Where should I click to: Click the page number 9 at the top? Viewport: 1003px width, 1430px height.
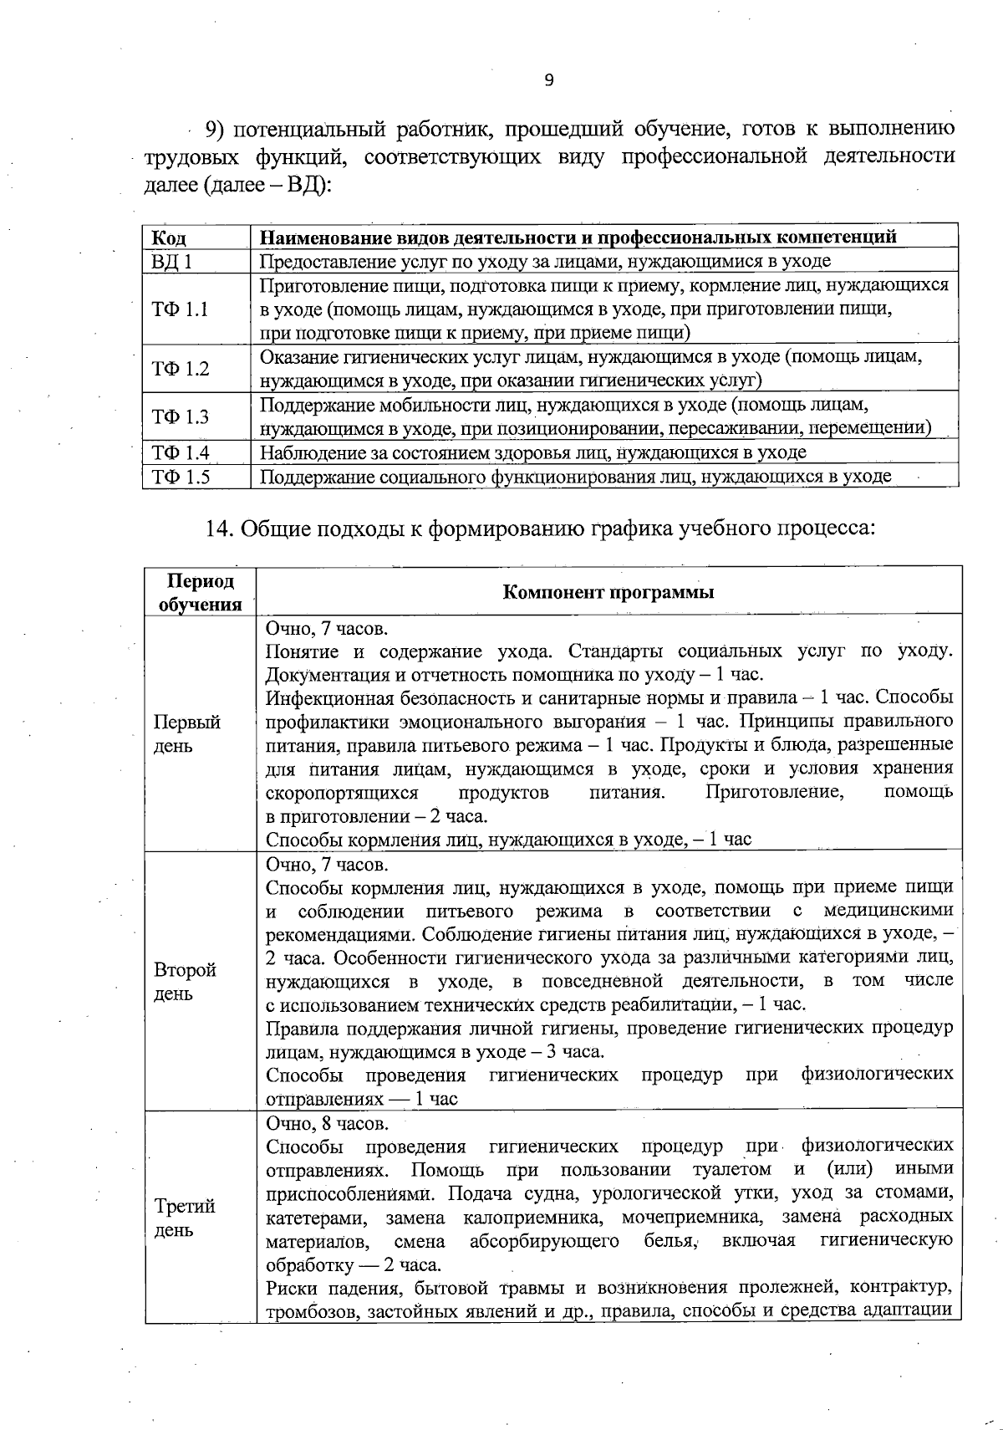coord(548,80)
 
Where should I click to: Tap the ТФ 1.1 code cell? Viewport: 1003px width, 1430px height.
coord(180,309)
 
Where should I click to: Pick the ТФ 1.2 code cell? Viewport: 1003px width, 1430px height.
coord(180,369)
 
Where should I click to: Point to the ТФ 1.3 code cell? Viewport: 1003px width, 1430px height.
coord(180,416)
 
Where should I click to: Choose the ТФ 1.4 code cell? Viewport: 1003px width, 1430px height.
coord(180,453)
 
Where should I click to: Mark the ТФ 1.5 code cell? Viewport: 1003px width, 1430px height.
coord(180,478)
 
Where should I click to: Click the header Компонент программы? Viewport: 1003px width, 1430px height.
coord(608,593)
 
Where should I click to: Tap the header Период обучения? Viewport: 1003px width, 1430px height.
coord(200,592)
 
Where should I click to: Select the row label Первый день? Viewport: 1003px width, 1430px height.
coord(186,733)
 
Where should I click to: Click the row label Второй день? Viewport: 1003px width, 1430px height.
coord(185,981)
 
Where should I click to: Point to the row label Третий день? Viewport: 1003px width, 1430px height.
coord(185,1218)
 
